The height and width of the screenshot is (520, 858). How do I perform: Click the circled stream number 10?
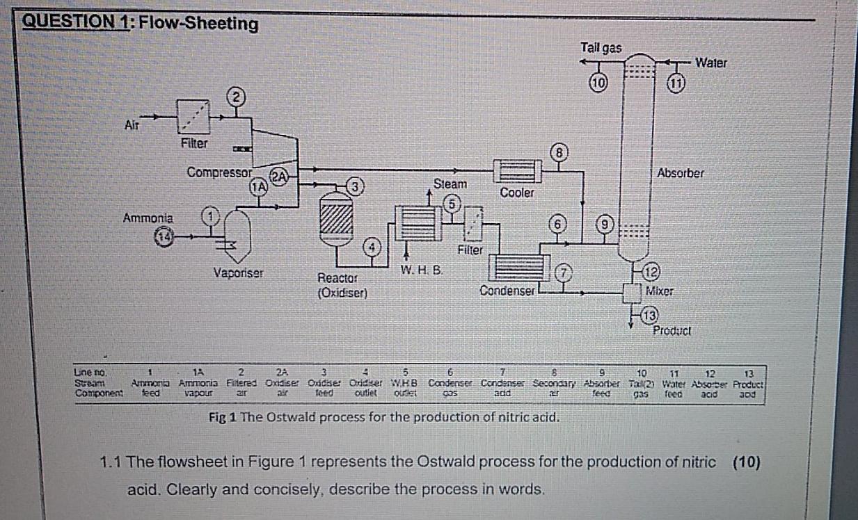coord(597,81)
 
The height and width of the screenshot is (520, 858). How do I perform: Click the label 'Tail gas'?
coord(601,48)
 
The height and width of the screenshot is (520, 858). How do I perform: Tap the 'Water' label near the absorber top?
coord(711,63)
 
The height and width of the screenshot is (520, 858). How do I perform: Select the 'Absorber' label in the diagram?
coord(680,173)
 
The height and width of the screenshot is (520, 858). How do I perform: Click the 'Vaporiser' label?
coord(238,273)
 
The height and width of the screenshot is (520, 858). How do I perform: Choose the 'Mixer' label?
coord(658,290)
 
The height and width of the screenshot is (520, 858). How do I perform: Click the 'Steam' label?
coord(450,184)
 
